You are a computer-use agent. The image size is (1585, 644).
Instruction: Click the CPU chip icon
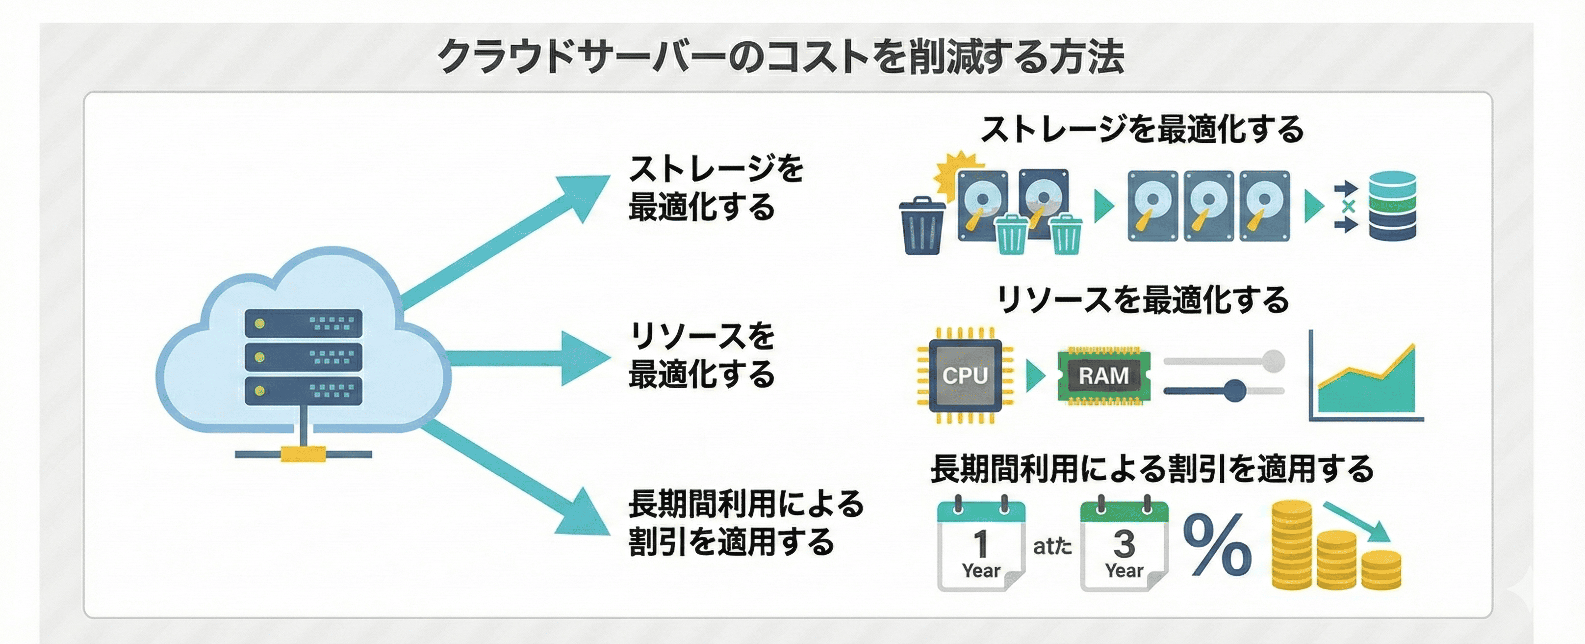point(965,375)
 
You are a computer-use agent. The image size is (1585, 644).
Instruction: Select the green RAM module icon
point(1104,376)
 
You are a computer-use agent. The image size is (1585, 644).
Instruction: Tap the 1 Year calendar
point(981,545)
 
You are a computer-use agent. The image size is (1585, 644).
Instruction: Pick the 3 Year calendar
point(1124,545)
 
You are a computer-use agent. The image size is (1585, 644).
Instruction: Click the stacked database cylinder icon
point(1392,206)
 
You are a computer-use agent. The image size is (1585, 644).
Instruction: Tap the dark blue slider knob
point(1234,390)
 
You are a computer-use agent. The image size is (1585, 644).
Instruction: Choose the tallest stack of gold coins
point(1292,545)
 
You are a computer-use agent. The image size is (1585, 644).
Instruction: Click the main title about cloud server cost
point(780,57)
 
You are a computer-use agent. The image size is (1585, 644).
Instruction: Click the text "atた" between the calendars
point(1051,546)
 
